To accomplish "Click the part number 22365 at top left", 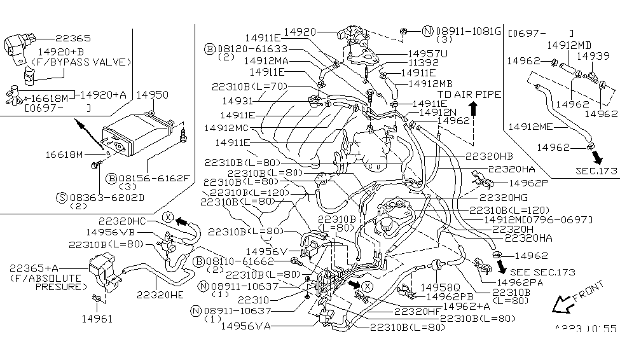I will [73, 38].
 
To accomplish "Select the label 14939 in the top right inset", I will [598, 56].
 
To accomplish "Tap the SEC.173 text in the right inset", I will [596, 171].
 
